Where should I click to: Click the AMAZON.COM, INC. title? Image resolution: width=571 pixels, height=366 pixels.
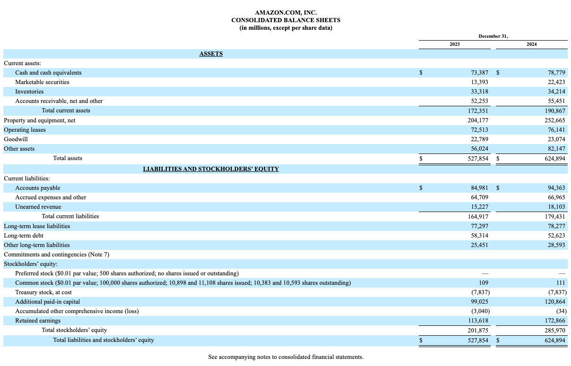285,13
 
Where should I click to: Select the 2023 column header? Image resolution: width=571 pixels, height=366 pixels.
454,44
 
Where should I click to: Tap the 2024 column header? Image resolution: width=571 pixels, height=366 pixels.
531,44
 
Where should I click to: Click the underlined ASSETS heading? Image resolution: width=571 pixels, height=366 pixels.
211,54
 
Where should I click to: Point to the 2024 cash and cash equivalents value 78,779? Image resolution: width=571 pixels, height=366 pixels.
556,73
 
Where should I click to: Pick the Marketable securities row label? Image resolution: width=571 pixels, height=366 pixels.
42,82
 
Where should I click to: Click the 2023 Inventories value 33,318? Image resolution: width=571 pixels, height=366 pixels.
480,92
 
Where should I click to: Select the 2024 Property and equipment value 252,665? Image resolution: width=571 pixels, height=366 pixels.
554,120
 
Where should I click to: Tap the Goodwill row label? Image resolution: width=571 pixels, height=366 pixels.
16,139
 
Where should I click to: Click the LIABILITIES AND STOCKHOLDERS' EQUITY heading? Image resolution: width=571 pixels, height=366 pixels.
211,169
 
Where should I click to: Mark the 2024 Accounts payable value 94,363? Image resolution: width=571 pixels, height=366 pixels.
556,188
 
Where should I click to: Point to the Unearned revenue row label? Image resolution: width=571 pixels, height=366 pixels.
38,207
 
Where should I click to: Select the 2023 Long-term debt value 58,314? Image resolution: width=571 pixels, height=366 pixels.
480,235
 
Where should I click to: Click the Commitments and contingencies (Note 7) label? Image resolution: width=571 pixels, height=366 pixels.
56,255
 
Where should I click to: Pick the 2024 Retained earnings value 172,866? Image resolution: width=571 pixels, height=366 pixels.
554,321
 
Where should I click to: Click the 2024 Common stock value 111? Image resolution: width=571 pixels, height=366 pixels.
561,283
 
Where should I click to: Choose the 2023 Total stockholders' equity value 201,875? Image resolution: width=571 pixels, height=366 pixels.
478,331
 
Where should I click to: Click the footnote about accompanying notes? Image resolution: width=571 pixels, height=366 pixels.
285,357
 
